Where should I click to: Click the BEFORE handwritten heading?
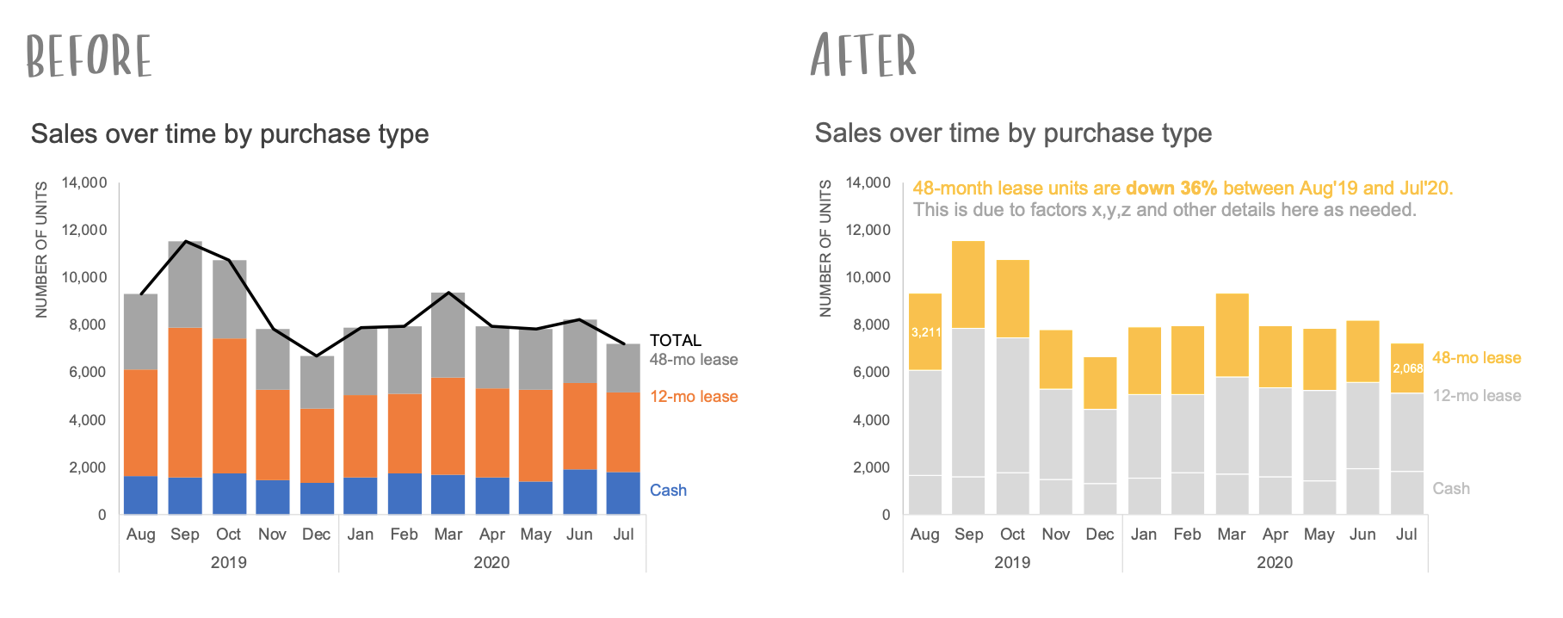(x=89, y=57)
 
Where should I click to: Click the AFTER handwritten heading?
(x=863, y=56)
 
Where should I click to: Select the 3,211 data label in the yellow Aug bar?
(x=925, y=332)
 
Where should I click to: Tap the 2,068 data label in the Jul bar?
(x=1407, y=368)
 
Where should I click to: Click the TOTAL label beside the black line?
(x=675, y=340)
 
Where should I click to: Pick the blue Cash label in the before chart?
(x=668, y=490)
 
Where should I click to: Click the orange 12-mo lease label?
(x=694, y=397)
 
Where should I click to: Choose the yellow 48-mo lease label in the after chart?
(x=1476, y=358)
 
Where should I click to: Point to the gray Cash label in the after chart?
(x=1450, y=489)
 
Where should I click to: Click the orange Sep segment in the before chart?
(x=185, y=402)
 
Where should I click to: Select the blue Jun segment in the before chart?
(x=579, y=491)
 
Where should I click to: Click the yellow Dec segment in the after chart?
(x=1100, y=383)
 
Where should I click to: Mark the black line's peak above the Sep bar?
(x=186, y=242)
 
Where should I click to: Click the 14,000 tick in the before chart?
(x=84, y=182)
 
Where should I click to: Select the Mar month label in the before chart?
(x=448, y=535)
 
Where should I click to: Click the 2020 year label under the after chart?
(x=1274, y=562)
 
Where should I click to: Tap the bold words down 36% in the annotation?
(x=1171, y=188)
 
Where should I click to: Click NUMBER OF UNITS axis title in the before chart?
(x=41, y=250)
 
